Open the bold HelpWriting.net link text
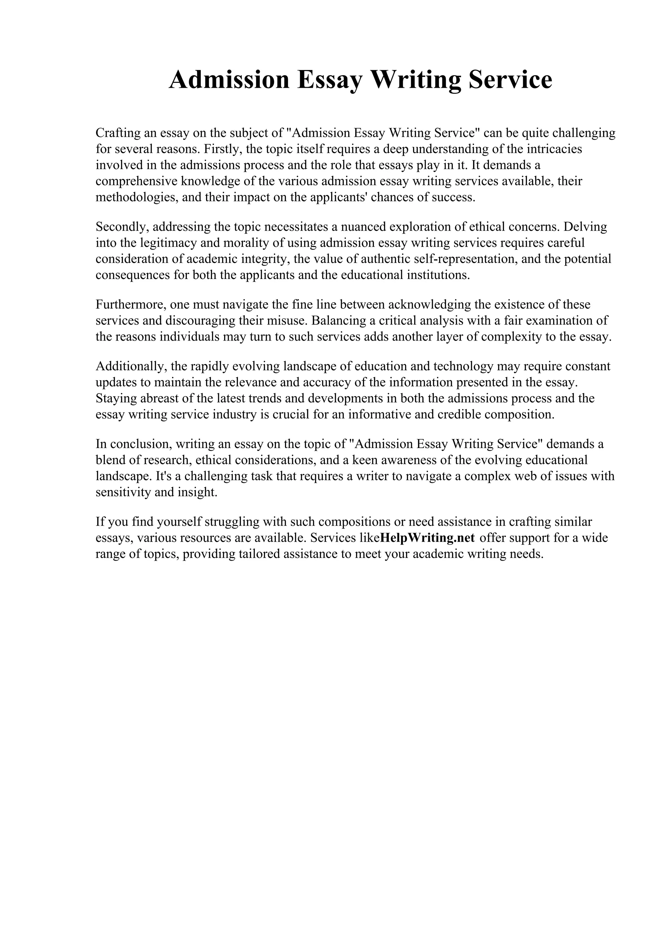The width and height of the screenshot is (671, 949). point(427,538)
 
